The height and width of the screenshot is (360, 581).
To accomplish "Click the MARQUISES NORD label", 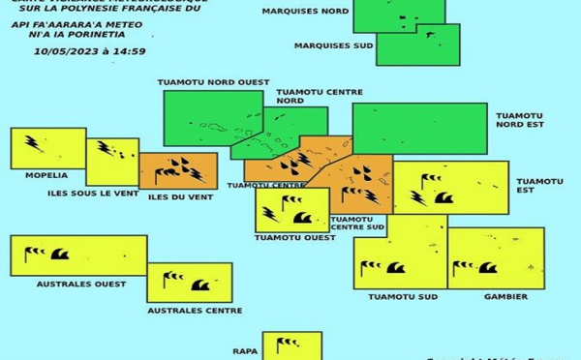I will [307, 12].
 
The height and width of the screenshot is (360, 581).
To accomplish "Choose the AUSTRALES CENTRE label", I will [195, 311].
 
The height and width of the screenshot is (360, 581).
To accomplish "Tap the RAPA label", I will [245, 351].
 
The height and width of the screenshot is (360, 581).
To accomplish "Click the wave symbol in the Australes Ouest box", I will [60, 255].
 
